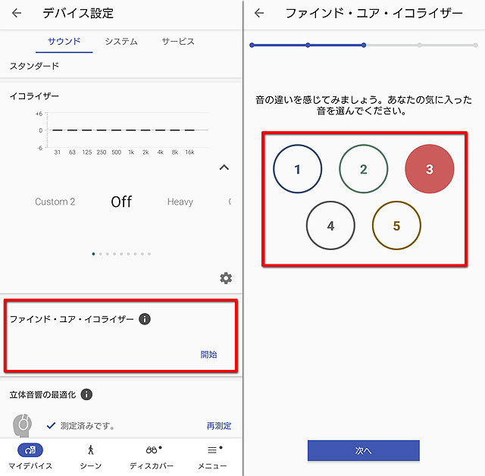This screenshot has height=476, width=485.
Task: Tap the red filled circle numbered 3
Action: [430, 169]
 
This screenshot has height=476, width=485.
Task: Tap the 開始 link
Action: [209, 355]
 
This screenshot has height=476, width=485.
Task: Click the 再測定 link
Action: [219, 426]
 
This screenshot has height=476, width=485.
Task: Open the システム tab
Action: [121, 42]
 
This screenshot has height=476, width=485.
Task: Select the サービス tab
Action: [178, 42]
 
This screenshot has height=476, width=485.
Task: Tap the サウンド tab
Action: [64, 42]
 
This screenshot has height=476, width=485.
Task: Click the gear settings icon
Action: [226, 278]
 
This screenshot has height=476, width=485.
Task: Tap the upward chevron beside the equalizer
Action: [224, 168]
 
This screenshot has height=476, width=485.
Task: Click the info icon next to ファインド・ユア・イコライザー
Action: [145, 319]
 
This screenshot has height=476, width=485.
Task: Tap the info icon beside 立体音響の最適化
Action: [86, 394]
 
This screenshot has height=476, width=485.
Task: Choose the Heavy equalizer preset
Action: [180, 202]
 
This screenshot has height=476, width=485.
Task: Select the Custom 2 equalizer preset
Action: [55, 202]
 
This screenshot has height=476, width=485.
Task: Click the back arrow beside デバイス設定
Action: [17, 13]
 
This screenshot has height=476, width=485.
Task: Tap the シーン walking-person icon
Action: [91, 450]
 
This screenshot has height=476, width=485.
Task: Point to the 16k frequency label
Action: [189, 152]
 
